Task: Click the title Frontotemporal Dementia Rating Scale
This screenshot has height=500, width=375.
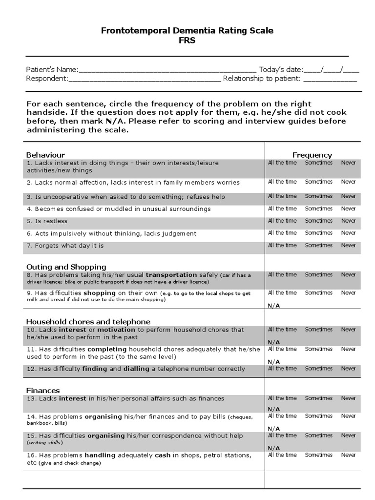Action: pyautogui.click(x=187, y=31)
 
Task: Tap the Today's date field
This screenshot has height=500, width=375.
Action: pyautogui.click(x=332, y=70)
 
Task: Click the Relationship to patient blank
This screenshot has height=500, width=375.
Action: pyautogui.click(x=330, y=79)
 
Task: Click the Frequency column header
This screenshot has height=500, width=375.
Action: pyautogui.click(x=312, y=155)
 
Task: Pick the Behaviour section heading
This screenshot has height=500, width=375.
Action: pyautogui.click(x=45, y=155)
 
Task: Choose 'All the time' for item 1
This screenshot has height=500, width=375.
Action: pyautogui.click(x=282, y=163)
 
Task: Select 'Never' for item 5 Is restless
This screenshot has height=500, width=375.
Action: pyautogui.click(x=349, y=221)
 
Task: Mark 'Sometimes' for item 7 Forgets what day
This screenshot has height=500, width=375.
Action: pyautogui.click(x=318, y=245)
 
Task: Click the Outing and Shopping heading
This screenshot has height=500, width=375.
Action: pyautogui.click(x=66, y=267)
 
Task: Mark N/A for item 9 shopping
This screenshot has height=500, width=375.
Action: pyautogui.click(x=273, y=306)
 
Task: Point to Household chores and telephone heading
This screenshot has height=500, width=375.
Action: pyautogui.click(x=88, y=321)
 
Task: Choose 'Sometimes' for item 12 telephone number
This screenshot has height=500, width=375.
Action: pyautogui.click(x=318, y=368)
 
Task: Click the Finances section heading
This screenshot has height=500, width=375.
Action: pyautogui.click(x=43, y=390)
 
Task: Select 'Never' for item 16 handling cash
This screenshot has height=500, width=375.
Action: pyautogui.click(x=349, y=455)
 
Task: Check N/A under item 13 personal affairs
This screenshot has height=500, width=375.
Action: pyautogui.click(x=273, y=409)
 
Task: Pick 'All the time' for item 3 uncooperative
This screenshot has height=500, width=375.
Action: pyautogui.click(x=282, y=196)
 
